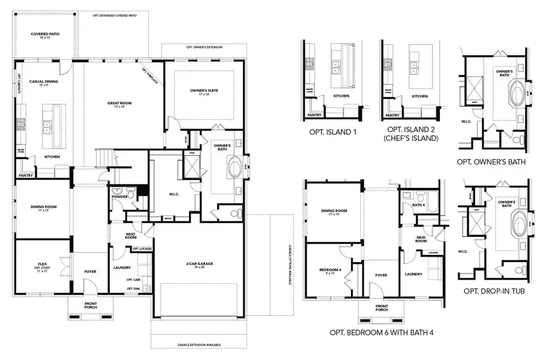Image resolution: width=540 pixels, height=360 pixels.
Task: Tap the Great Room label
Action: coord(116,104)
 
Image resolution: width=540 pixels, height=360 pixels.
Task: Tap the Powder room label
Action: coord(119,196)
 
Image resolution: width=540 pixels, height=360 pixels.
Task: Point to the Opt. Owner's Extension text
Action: coord(204,46)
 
